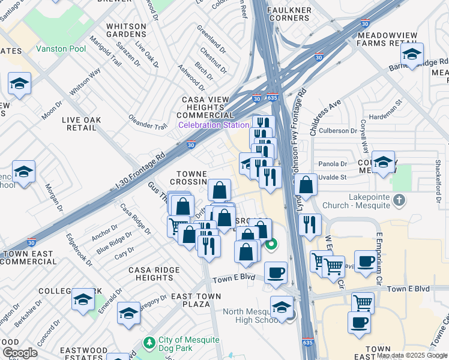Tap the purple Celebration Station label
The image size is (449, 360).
click(213, 125)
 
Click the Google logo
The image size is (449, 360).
click(20, 353)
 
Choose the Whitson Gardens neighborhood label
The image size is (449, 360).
click(126, 31)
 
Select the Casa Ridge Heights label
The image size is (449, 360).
click(154, 274)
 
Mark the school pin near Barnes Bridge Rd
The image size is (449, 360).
click(412, 54)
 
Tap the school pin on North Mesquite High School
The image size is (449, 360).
click(281, 308)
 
